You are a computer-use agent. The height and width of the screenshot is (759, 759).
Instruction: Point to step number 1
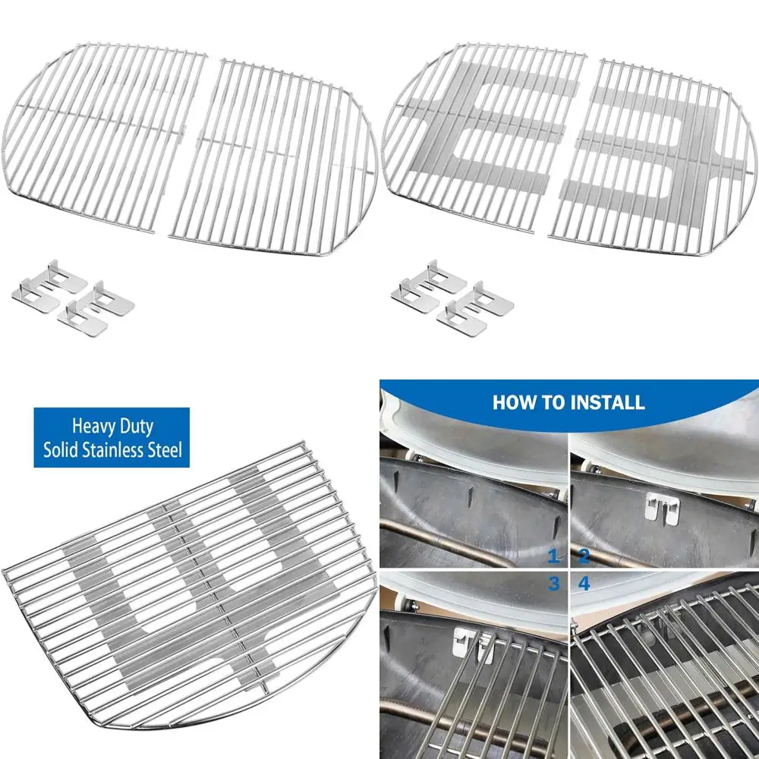pyautogui.click(x=554, y=557)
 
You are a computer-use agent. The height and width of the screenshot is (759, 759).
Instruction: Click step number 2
pyautogui.click(x=584, y=557)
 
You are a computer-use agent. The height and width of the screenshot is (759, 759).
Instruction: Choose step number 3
pyautogui.click(x=554, y=584)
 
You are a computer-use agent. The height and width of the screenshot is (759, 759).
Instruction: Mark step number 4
pyautogui.click(x=584, y=584)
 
